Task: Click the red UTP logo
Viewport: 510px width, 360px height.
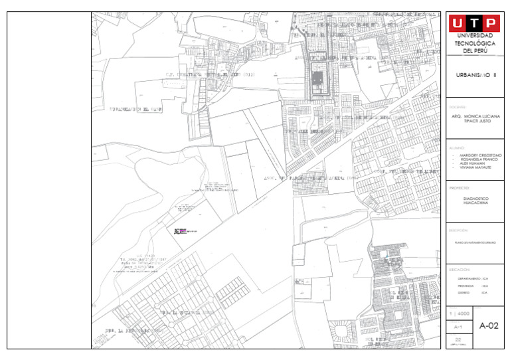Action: pyautogui.click(x=475, y=23)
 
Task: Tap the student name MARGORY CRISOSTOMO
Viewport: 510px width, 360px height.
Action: pyautogui.click(x=480, y=155)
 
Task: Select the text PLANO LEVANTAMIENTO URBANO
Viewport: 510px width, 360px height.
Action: pyautogui.click(x=475, y=243)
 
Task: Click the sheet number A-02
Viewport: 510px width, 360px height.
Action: pyautogui.click(x=489, y=325)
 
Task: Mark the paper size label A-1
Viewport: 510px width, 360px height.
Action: pyautogui.click(x=458, y=327)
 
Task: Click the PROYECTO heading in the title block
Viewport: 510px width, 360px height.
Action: pyautogui.click(x=460, y=188)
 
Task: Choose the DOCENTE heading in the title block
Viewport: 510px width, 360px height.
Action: pyautogui.click(x=458, y=107)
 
